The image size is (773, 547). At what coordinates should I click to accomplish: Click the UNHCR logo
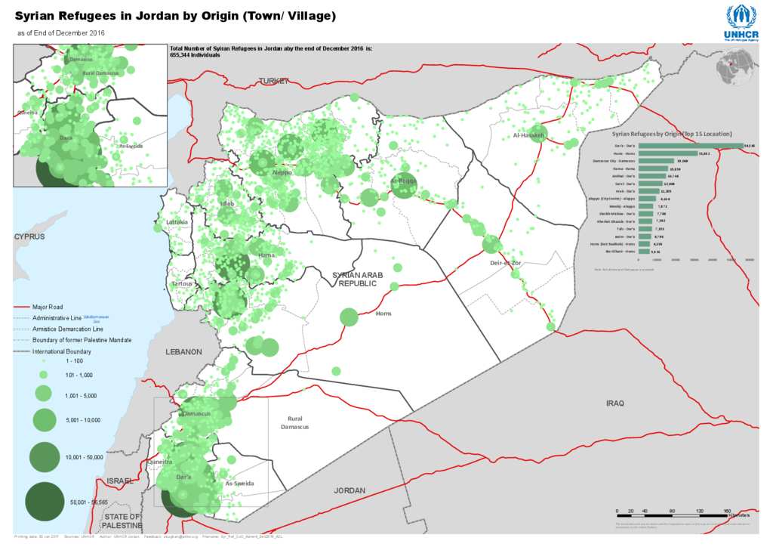741,22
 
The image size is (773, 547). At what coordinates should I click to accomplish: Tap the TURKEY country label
274,81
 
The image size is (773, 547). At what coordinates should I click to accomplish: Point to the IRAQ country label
615,403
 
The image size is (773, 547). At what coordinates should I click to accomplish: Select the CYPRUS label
29,236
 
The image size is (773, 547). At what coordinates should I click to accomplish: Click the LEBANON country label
184,352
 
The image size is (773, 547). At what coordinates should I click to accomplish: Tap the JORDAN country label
350,490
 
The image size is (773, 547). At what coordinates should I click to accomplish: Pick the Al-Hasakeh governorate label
528,135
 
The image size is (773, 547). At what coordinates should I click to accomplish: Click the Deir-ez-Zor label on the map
506,263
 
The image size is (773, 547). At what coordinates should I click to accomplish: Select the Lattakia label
177,222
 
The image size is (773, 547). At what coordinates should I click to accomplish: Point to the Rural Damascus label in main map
294,422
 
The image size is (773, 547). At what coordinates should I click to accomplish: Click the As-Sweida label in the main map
240,484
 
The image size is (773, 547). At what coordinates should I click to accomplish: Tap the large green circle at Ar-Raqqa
404,186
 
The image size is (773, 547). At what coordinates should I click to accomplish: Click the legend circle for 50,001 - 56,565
44,502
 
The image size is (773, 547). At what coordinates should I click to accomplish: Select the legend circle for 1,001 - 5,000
44,394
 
